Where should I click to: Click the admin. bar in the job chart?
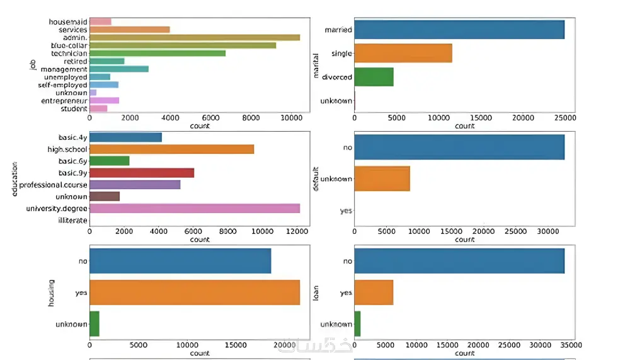(x=195, y=37)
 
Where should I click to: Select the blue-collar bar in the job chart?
(x=183, y=45)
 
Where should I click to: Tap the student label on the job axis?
(x=74, y=108)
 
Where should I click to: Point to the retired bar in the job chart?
(x=107, y=61)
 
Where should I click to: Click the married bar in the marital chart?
(x=459, y=30)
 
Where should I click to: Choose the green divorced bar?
(x=374, y=77)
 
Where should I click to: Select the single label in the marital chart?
(x=341, y=54)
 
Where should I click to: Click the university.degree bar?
(x=195, y=208)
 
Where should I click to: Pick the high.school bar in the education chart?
(x=171, y=149)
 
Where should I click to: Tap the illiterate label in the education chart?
(x=72, y=220)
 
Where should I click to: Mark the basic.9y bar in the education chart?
(x=142, y=173)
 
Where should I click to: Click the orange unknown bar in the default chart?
(x=382, y=178)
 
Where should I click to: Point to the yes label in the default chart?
(x=345, y=211)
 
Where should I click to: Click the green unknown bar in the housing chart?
(x=94, y=323)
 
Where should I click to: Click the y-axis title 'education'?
(x=14, y=179)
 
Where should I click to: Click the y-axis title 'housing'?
(x=52, y=293)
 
